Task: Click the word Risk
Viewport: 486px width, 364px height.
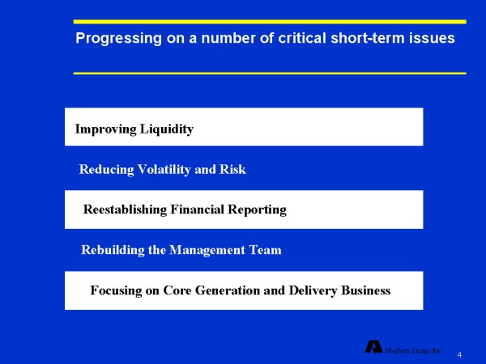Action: click(232, 170)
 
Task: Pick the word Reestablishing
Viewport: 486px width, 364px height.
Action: click(126, 210)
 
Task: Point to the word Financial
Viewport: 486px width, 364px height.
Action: click(199, 210)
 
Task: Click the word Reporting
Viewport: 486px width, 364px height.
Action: click(258, 210)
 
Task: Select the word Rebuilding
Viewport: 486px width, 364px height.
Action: click(112, 251)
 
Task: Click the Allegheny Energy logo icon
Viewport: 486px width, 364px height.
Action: click(373, 347)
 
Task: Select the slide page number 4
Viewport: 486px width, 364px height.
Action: click(459, 355)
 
